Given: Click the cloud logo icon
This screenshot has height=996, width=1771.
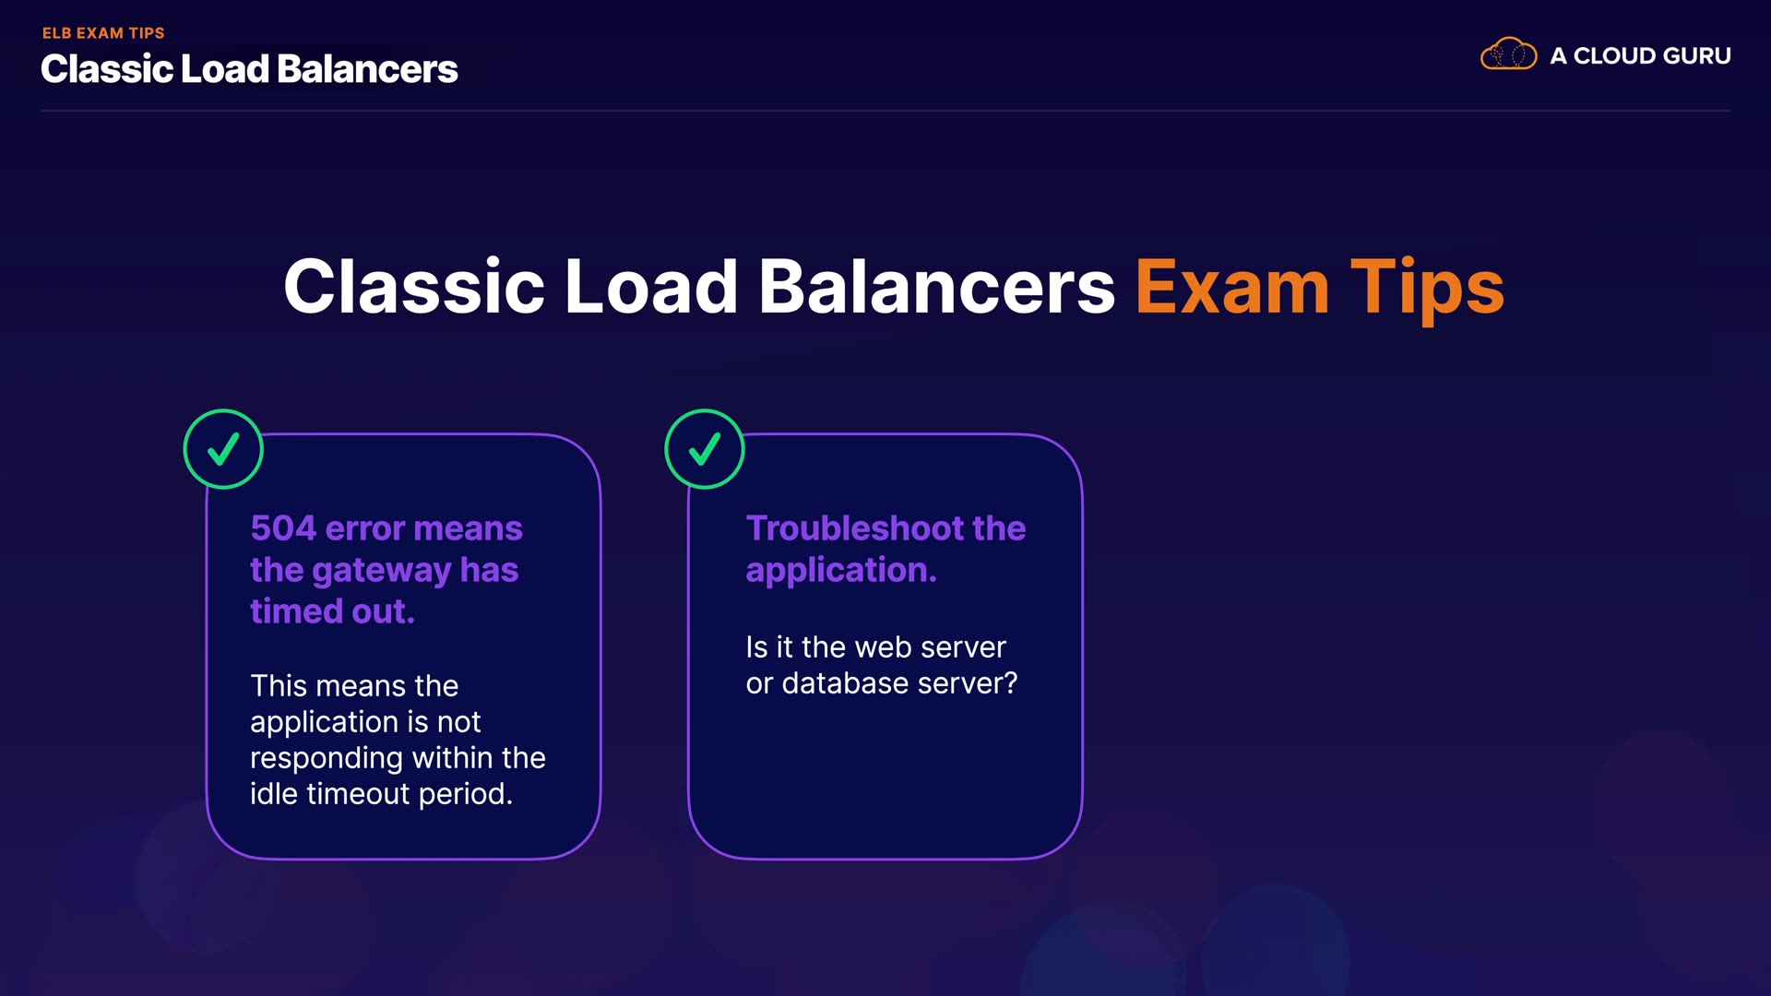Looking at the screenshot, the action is tap(1508, 54).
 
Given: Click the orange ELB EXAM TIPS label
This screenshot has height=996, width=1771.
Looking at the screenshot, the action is tap(103, 33).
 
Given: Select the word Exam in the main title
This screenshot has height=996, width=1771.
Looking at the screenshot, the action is tap(1232, 287).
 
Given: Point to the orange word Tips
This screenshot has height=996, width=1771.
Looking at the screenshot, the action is tap(1427, 289).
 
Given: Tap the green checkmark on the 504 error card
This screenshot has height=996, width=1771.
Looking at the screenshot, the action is tap(223, 449).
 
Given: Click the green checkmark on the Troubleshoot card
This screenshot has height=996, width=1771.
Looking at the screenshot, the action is tap(705, 449).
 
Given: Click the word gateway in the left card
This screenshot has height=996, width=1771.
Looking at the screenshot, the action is tap(382, 572).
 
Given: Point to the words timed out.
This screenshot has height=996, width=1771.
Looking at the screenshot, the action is tap(332, 611).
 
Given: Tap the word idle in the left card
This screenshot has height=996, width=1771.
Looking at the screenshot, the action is tap(273, 794).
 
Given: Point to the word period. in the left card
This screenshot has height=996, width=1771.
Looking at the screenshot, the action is tap(465, 795).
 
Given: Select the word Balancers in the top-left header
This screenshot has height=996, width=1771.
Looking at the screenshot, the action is tap(367, 69).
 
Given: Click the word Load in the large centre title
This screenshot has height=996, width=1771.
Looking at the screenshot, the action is tap(651, 287).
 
